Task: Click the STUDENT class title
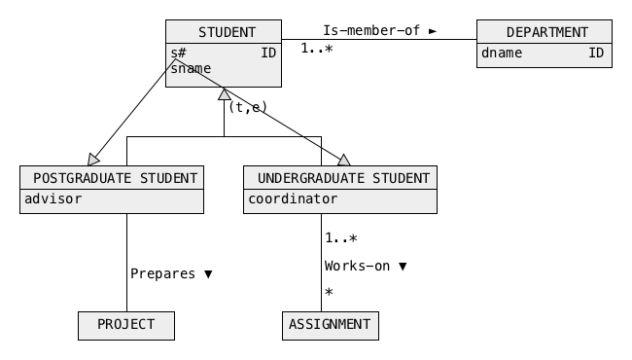227,32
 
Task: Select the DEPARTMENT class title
547,32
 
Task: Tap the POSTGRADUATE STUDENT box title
116,178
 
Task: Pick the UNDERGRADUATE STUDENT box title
343,178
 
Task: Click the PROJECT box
126,326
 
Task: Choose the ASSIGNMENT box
331,326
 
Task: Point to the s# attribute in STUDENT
178,53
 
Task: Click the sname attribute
191,68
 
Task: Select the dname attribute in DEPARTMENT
502,53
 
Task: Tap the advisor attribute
53,198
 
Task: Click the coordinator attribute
293,198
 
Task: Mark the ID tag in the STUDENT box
268,53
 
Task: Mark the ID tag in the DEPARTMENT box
596,53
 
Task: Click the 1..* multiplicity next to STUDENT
317,49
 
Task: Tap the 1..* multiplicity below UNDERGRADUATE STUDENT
341,237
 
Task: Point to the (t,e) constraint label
248,107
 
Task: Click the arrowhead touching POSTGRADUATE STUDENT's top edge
93,160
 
